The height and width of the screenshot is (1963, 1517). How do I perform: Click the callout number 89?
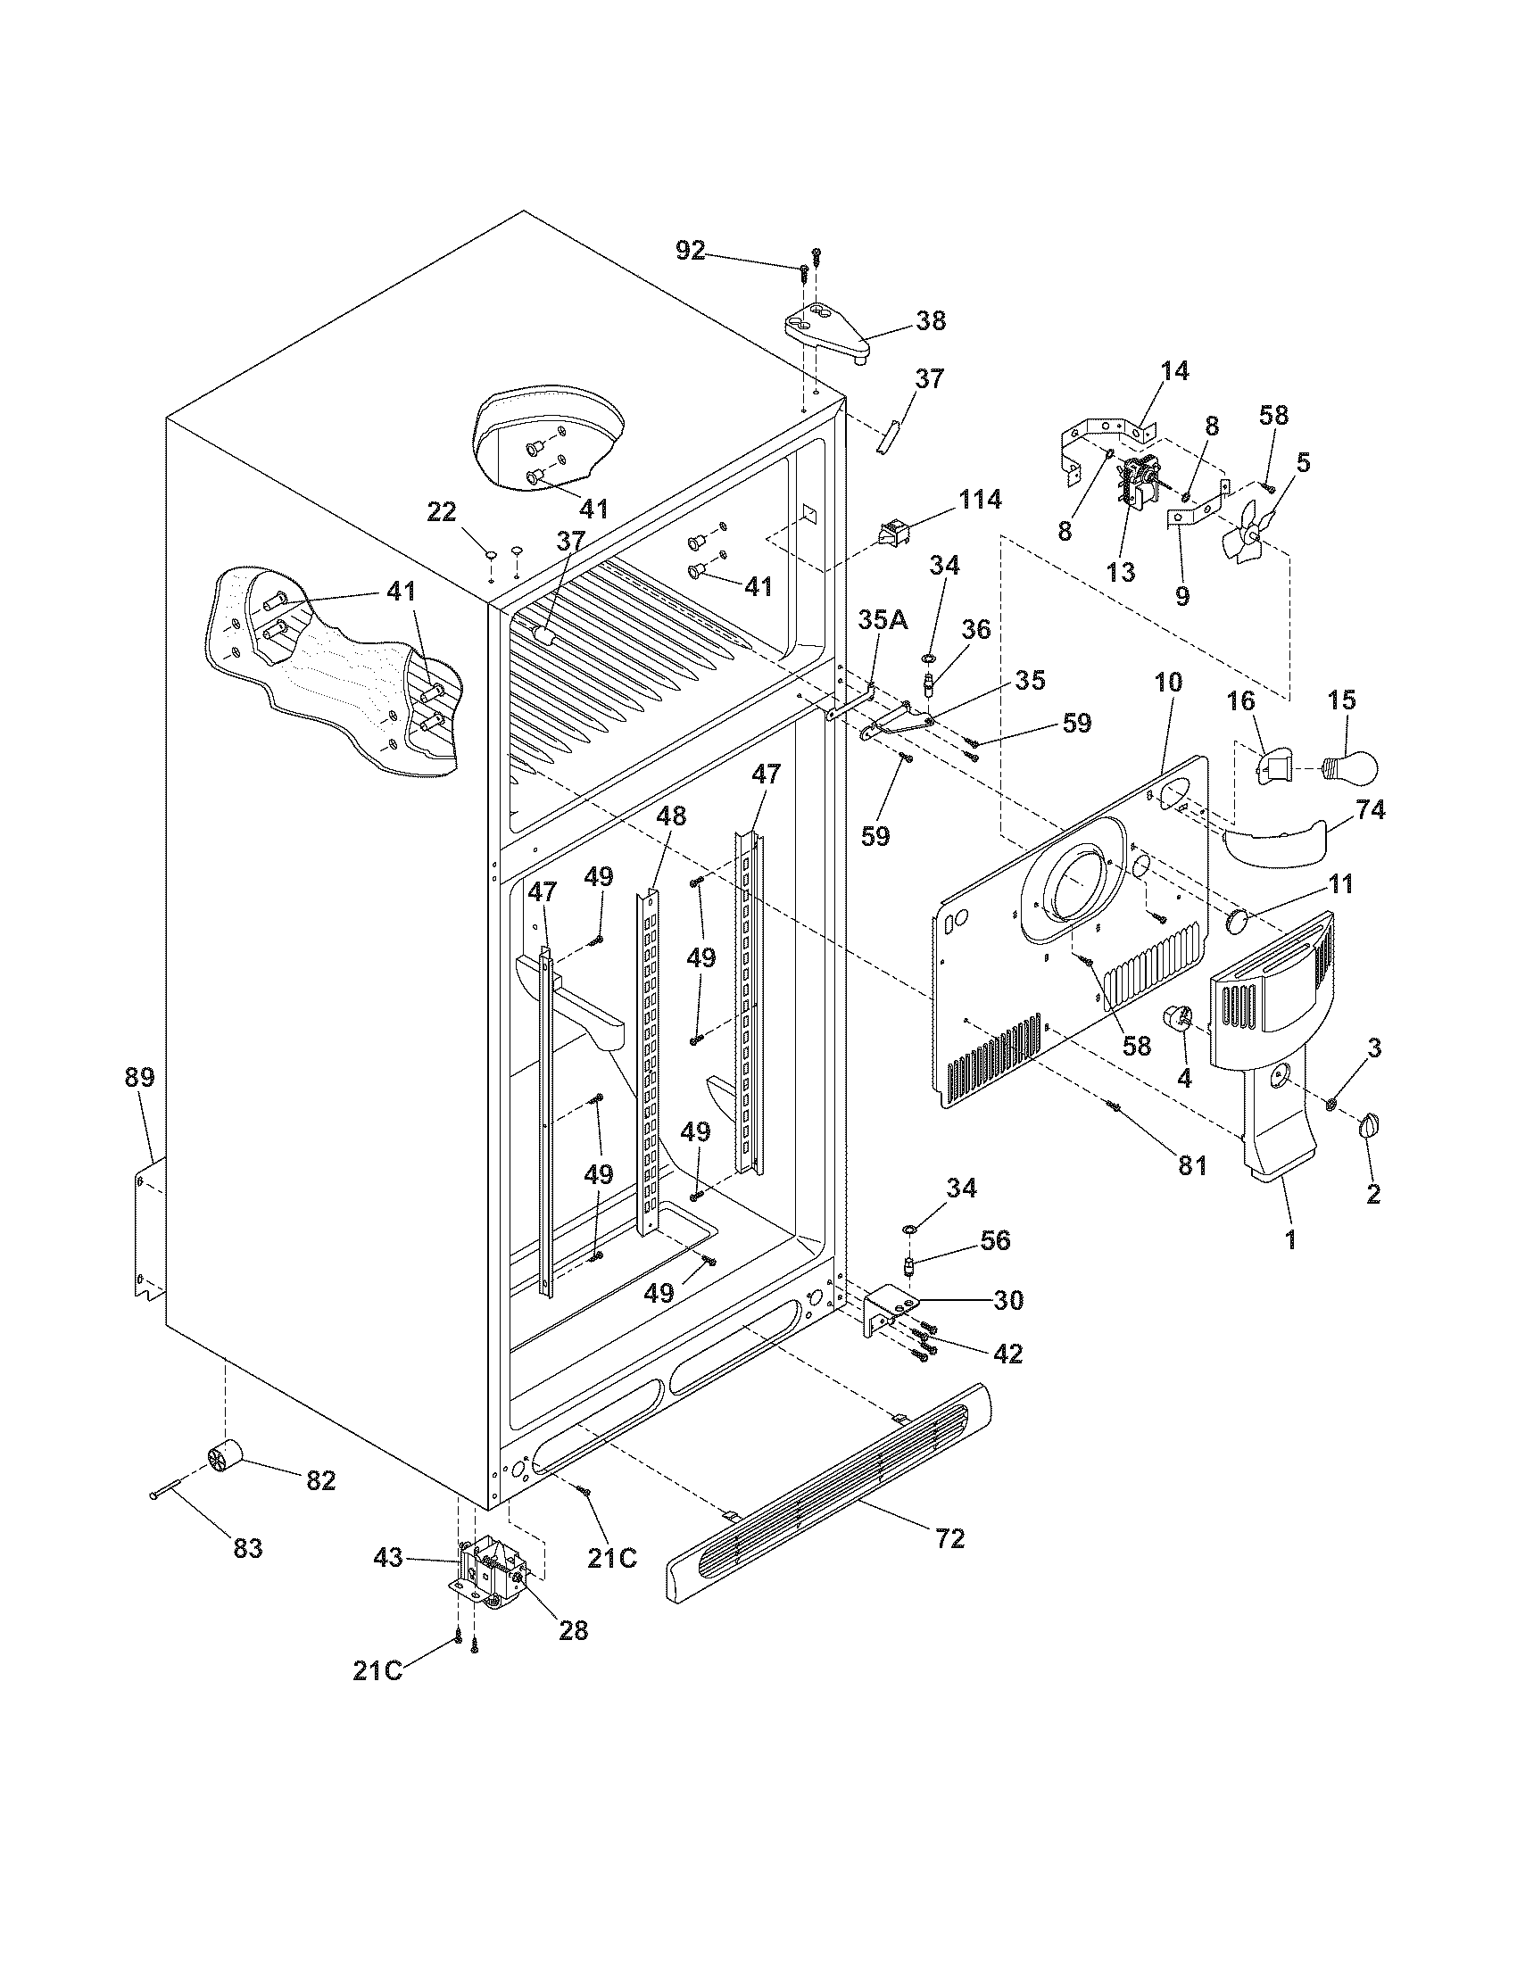(139, 1077)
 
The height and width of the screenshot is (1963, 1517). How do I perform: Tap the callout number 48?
(670, 816)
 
